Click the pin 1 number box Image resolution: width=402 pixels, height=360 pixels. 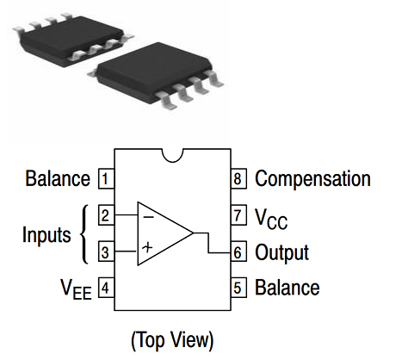pyautogui.click(x=105, y=180)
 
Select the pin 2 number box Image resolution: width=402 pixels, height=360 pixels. pyautogui.click(x=105, y=215)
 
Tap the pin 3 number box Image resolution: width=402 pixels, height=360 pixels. pyautogui.click(x=105, y=252)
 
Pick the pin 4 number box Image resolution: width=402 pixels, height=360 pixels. pyautogui.click(x=105, y=288)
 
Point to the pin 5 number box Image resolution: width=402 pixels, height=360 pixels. pyautogui.click(x=238, y=288)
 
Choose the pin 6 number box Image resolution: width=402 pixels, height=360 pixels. pyautogui.click(x=238, y=253)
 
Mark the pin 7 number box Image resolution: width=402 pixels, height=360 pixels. pyautogui.click(x=238, y=216)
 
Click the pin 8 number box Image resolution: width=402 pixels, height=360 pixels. pyautogui.click(x=238, y=180)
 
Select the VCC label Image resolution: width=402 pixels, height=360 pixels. pyautogui.click(x=271, y=218)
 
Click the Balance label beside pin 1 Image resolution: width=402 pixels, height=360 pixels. pyautogui.click(x=57, y=180)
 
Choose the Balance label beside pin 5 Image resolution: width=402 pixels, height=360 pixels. pyautogui.click(x=287, y=288)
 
